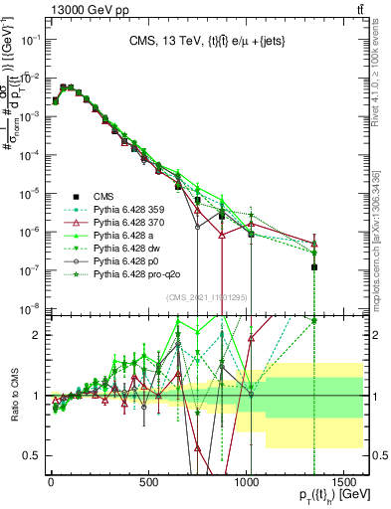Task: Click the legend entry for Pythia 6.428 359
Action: coord(132,208)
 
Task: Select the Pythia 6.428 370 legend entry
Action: coord(132,223)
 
